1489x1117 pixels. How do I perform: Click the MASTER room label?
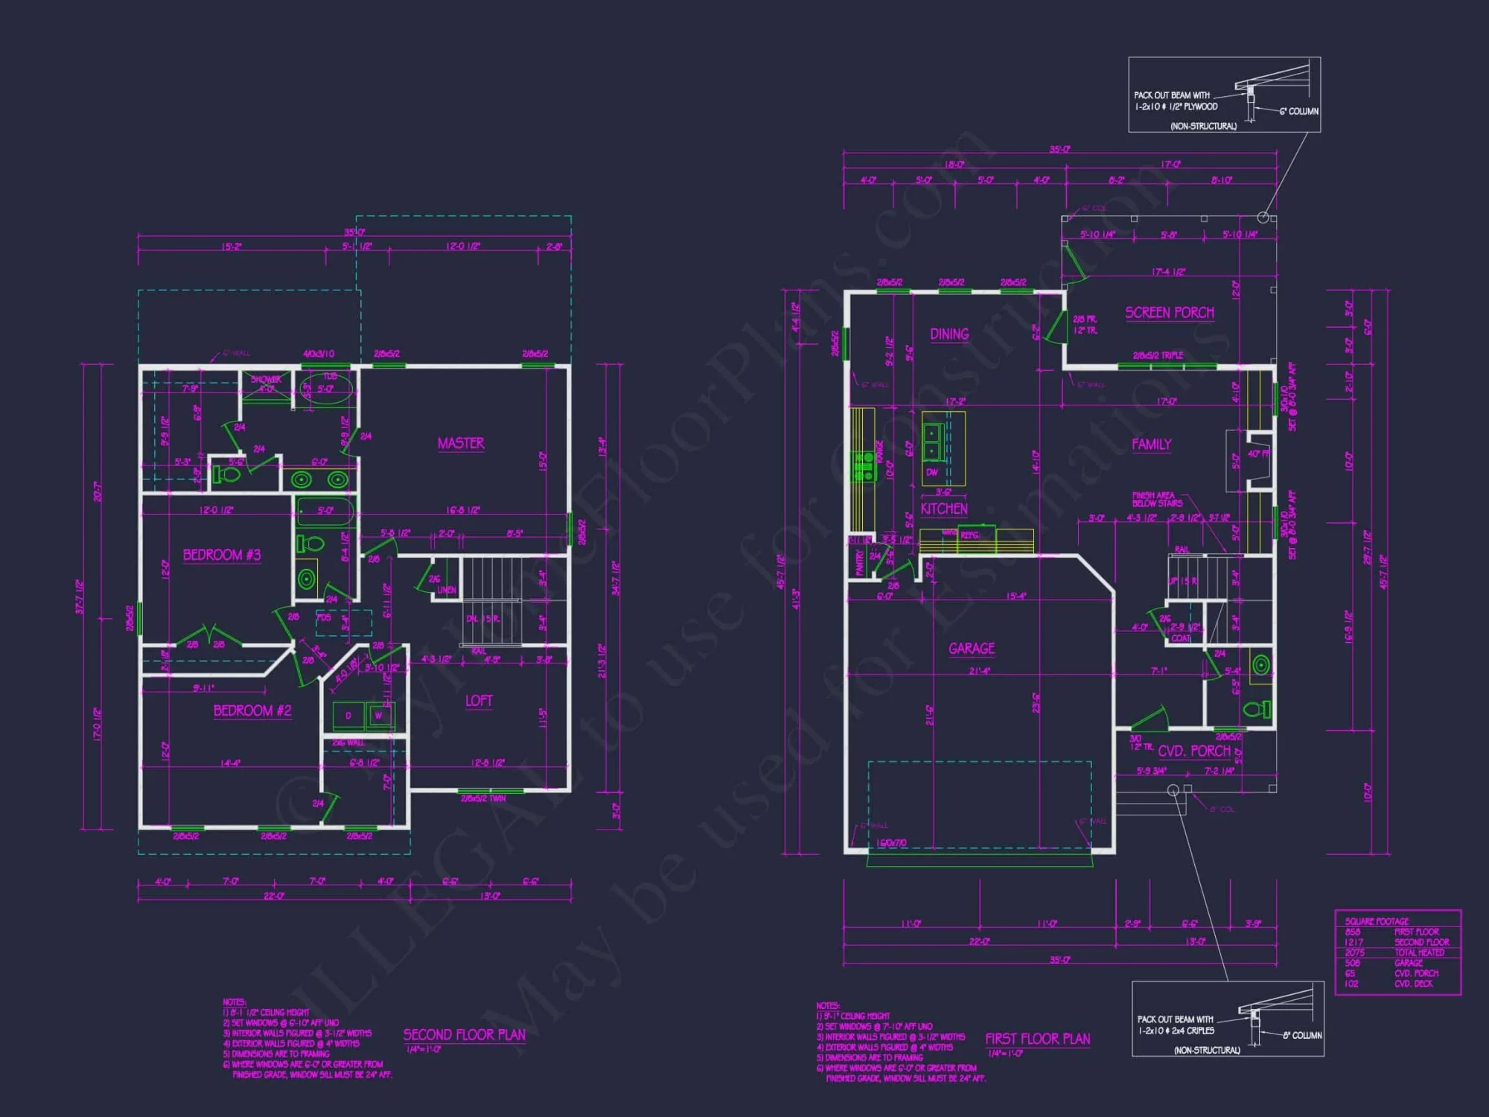(461, 443)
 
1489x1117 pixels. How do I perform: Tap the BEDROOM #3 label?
(222, 555)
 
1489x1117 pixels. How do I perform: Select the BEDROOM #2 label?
(252, 710)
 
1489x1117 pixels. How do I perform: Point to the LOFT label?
(479, 701)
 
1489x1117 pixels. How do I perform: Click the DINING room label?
(949, 334)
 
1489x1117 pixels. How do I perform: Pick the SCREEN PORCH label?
(1169, 313)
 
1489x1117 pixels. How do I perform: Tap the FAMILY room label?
(1151, 445)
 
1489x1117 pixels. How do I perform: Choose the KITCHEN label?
(943, 509)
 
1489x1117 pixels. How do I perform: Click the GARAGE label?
(972, 649)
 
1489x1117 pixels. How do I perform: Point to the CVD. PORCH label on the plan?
(1193, 751)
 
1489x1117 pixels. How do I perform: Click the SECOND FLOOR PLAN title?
(464, 1035)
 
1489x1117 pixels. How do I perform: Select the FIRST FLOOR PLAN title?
(1037, 1039)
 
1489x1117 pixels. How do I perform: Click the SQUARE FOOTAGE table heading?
(1377, 921)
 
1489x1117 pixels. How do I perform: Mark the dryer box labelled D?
(348, 716)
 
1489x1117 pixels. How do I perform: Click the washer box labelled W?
(378, 716)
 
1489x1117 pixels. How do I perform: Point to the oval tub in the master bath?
(327, 389)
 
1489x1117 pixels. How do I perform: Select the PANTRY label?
(859, 562)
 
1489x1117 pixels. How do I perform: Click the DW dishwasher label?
(931, 472)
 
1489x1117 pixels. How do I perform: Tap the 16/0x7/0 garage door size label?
(891, 843)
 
